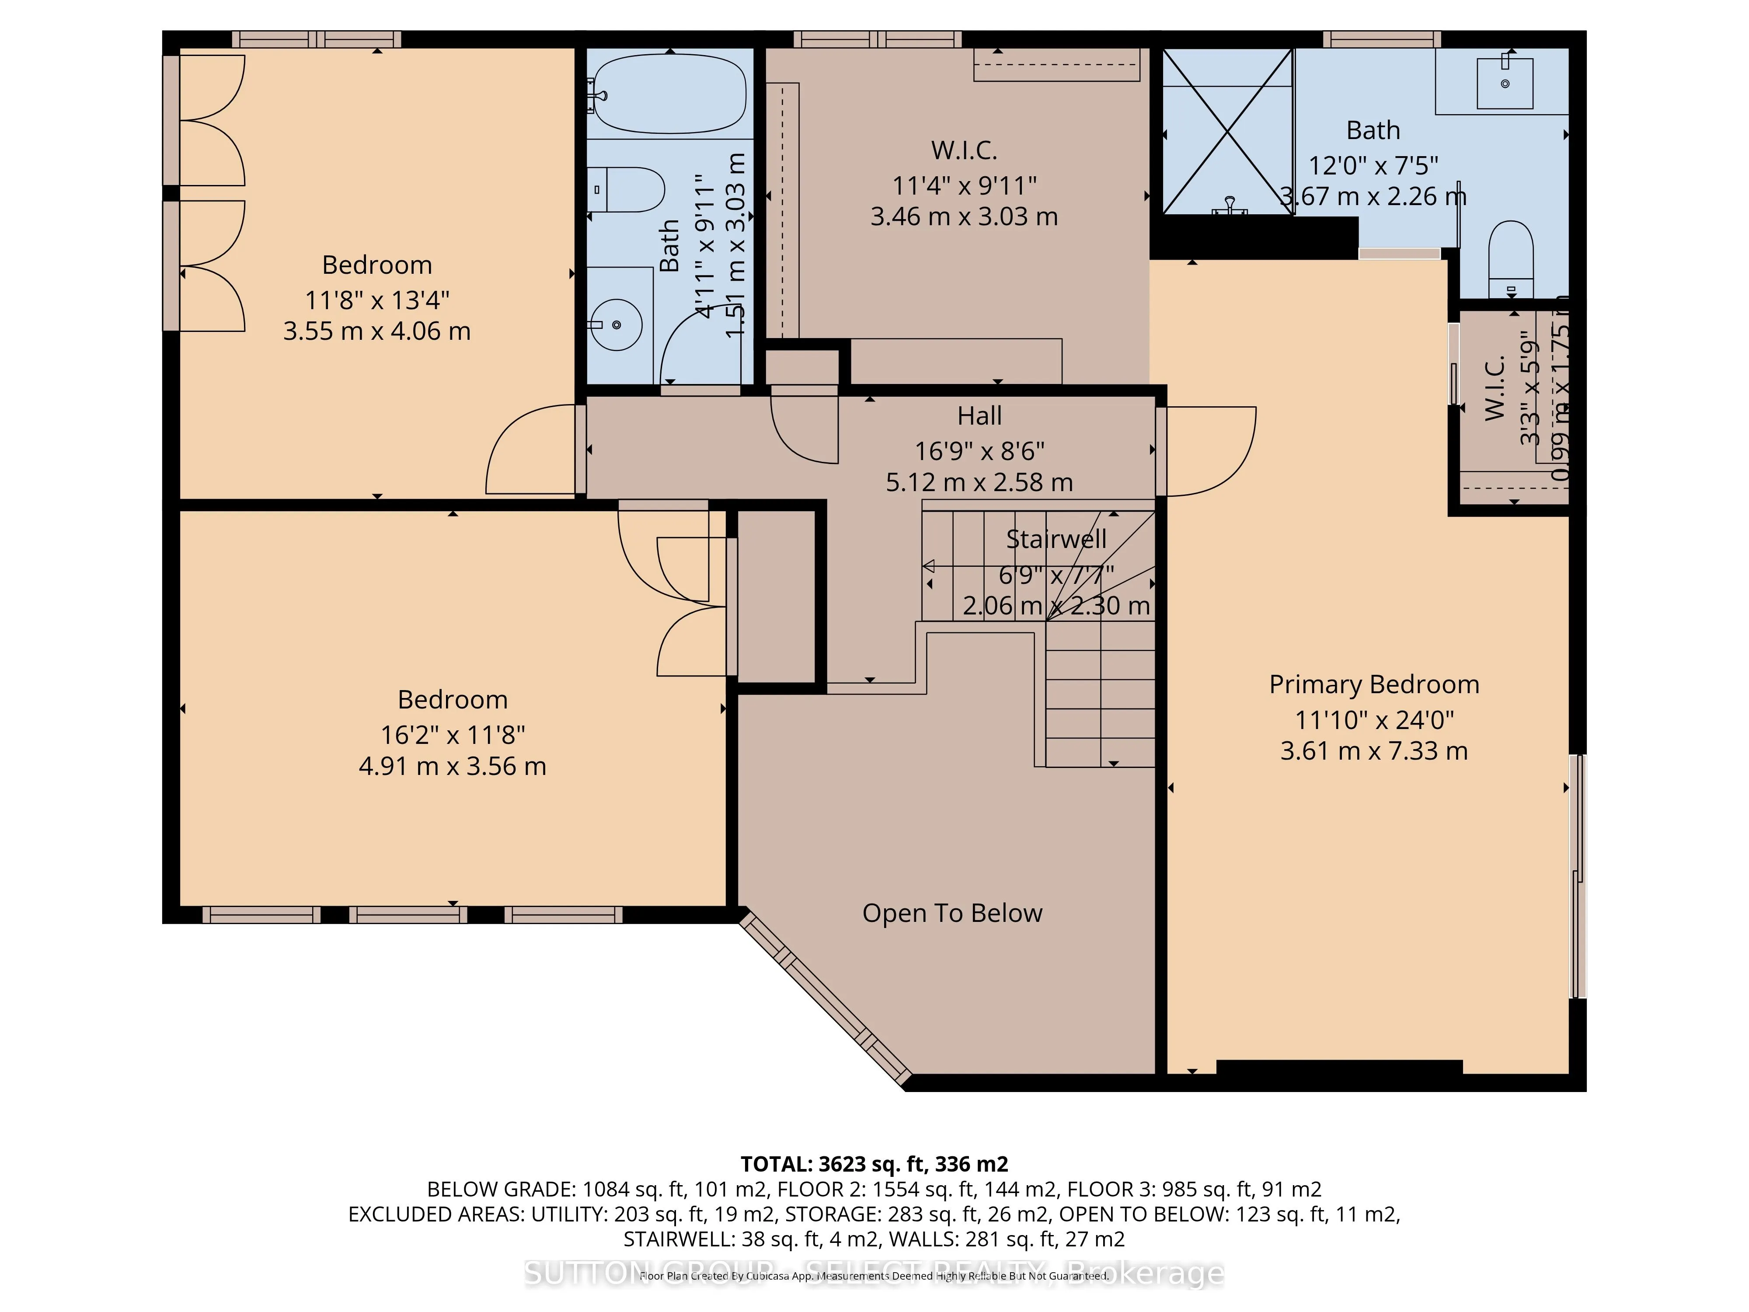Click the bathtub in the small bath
tap(670, 93)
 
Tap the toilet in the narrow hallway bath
tap(629, 190)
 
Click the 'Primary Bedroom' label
tap(1373, 684)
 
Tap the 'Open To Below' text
tap(952, 914)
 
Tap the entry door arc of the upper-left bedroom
tap(530, 451)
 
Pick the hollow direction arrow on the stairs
tap(929, 566)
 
